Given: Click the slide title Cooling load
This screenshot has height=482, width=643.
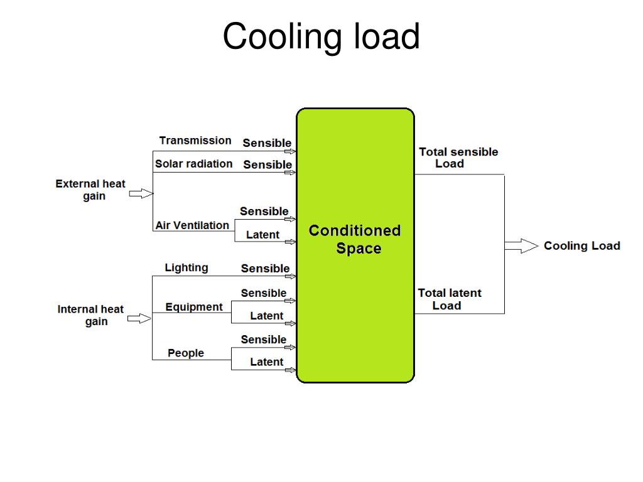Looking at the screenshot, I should (321, 36).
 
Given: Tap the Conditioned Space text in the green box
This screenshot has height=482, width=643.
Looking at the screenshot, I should (355, 240).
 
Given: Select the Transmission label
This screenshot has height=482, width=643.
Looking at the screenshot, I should (195, 141).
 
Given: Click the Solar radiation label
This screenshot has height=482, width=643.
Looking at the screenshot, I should (193, 164).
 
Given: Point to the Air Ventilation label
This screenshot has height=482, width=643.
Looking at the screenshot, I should (192, 225).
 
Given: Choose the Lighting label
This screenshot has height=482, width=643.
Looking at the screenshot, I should (186, 267).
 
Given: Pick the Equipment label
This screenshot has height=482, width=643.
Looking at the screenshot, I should (194, 307).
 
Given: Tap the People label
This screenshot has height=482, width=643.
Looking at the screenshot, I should (186, 353).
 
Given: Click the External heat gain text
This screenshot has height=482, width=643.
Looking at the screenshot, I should (90, 190).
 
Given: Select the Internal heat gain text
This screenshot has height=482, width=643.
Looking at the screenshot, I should (90, 316).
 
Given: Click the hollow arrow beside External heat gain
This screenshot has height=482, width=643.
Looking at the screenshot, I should (141, 193).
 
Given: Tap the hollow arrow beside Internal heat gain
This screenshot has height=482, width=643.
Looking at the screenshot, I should (140, 319).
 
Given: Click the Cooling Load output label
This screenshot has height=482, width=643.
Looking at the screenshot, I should (582, 246).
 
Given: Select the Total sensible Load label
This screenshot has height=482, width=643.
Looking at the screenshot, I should (458, 158).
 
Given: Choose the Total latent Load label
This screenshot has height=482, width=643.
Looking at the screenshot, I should (450, 299).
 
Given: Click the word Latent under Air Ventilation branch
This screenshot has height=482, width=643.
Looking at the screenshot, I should (263, 235).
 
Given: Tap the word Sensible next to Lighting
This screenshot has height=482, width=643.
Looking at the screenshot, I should (266, 269).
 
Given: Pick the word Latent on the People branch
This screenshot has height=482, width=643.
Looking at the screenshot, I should (267, 362).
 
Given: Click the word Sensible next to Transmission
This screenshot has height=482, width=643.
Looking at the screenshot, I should (267, 143).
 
